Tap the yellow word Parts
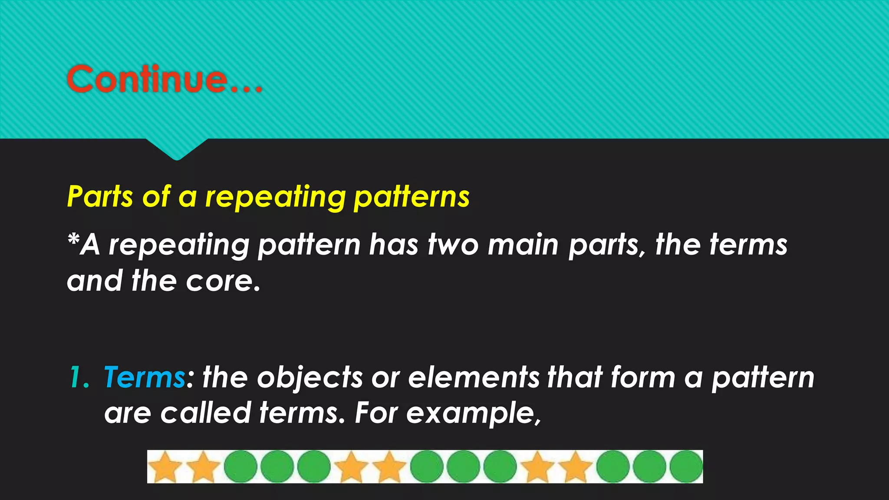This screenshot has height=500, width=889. point(100,197)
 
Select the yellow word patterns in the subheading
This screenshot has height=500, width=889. point(411,197)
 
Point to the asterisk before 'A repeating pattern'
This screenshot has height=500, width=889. point(74,240)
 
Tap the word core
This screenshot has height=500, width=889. point(222,281)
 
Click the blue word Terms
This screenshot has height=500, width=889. point(145,377)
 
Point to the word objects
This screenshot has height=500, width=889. point(310,377)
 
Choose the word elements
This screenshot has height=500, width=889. point(474,377)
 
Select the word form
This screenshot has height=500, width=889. point(643,377)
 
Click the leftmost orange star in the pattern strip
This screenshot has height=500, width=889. point(165,467)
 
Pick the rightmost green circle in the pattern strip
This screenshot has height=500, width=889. point(686,467)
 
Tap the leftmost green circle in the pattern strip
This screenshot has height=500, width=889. point(241,467)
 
